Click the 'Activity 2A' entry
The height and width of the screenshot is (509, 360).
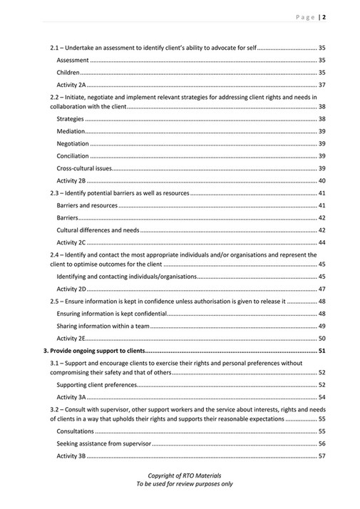pos(71,85)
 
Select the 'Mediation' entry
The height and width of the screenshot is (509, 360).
pos(71,131)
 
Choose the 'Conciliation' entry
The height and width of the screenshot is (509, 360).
pos(73,156)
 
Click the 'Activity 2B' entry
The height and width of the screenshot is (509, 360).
pos(71,181)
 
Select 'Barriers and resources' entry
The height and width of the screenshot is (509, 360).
pos(87,205)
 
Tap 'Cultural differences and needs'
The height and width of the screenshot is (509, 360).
pos(98,230)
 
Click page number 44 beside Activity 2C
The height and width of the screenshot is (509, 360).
pos(322,242)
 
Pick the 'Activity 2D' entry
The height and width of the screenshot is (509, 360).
pos(71,289)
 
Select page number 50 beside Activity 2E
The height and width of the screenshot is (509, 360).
pos(322,338)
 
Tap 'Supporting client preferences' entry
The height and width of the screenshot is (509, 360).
pos(96,384)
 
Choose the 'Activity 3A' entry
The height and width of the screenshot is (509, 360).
pos(71,397)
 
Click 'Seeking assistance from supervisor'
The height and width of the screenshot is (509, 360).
pos(104,443)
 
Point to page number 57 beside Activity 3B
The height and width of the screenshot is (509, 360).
pos(322,456)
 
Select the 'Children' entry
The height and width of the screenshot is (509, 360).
pos(68,73)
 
